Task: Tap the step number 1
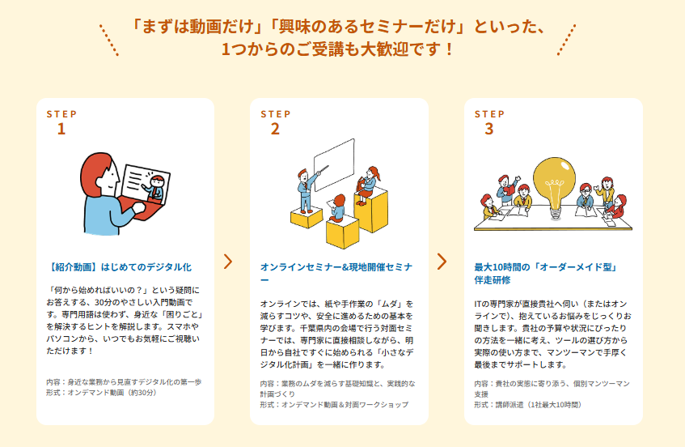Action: (x=61, y=129)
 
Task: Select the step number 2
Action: (x=275, y=129)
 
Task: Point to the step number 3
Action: (x=488, y=129)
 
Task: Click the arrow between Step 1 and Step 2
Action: (x=228, y=262)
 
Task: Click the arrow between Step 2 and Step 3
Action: (x=442, y=262)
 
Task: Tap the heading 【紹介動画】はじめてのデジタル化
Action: (x=119, y=267)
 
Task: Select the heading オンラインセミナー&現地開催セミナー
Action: (x=336, y=274)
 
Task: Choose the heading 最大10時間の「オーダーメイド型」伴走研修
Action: (x=546, y=274)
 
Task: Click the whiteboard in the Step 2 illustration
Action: (x=334, y=165)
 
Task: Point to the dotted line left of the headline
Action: (x=109, y=40)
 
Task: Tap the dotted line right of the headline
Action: (x=566, y=40)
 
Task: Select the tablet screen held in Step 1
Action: (x=146, y=184)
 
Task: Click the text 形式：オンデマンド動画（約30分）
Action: (x=102, y=393)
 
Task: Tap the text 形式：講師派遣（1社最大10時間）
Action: (x=528, y=405)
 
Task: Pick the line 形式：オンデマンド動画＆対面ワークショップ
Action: (x=334, y=405)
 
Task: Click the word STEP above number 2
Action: (x=275, y=114)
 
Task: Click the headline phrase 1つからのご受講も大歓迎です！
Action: (x=338, y=49)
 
